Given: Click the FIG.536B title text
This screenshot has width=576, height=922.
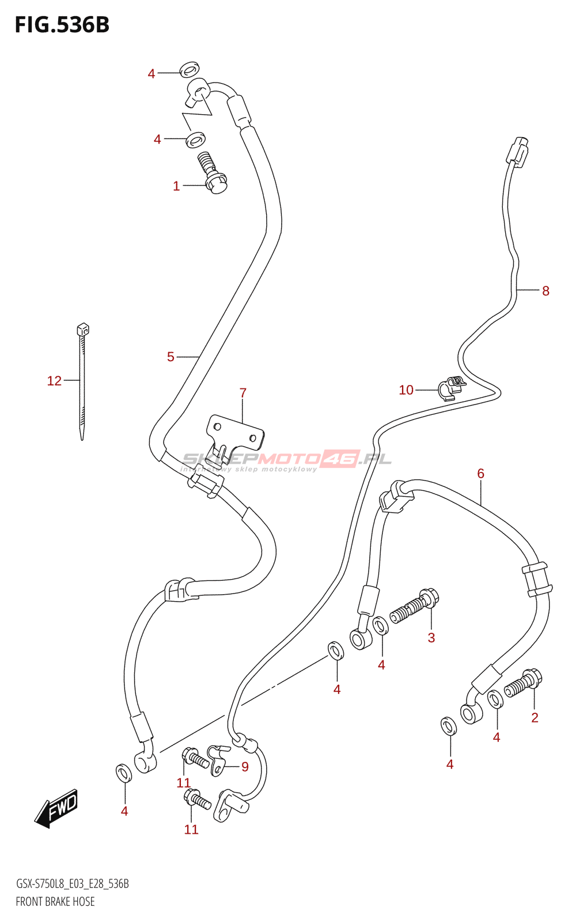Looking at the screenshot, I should point(62,25).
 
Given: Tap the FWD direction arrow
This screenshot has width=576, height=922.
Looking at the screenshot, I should point(56,807).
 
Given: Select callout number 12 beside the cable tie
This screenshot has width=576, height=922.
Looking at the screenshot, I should point(54,381).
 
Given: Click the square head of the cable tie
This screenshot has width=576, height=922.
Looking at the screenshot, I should point(82,330).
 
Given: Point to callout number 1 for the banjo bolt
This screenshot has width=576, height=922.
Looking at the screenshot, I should point(176,186).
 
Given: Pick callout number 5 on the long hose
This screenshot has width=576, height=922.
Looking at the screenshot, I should point(170,357).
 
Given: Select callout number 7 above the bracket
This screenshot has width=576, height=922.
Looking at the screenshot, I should point(243,393).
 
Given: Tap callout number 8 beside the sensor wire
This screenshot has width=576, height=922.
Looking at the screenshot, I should point(545,291).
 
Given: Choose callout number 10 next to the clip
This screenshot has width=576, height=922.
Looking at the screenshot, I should point(406,390).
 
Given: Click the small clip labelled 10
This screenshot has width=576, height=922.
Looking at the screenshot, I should point(450,387).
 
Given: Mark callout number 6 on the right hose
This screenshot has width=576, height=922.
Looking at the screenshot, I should point(480,474).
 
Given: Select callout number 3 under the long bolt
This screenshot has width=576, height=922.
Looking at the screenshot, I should point(431,637).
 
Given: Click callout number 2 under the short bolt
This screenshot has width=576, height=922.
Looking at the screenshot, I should point(535,717).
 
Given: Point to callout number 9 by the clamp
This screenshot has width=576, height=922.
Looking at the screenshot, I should point(245,767).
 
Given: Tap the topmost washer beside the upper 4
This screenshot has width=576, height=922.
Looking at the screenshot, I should point(189,70).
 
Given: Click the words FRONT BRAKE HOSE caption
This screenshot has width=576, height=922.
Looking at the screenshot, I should point(55,902).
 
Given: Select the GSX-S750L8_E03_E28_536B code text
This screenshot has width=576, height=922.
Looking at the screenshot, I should point(73,884).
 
